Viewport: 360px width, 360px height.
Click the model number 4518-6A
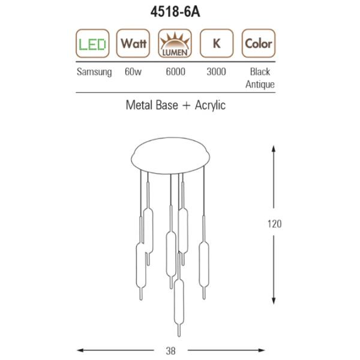(175, 12)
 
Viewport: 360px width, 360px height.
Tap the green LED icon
(92, 43)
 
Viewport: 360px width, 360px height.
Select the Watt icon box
(133, 43)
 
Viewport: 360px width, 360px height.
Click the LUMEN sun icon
(175, 43)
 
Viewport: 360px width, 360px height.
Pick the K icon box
(217, 43)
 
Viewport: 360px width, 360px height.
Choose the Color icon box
(259, 43)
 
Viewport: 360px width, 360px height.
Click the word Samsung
(94, 72)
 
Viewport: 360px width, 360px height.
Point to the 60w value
(133, 71)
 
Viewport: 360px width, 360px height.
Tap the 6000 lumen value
(175, 71)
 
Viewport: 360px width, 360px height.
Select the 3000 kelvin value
(216, 71)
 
